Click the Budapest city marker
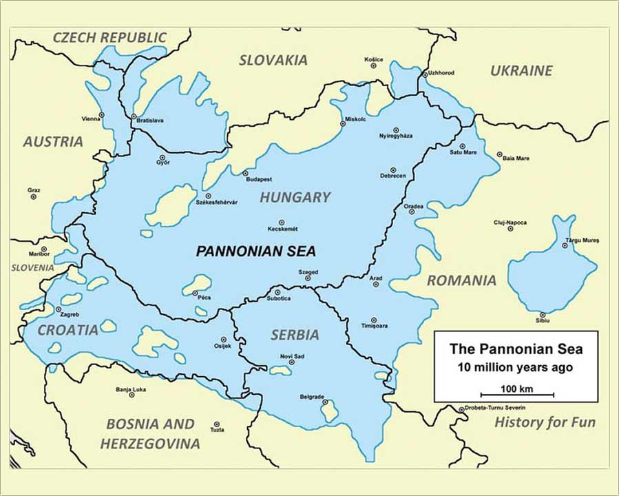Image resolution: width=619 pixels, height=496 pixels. [245, 173]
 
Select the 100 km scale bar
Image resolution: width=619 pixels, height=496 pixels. [517, 395]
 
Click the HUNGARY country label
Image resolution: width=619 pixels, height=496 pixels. [295, 198]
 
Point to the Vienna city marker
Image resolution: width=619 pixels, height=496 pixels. [101, 115]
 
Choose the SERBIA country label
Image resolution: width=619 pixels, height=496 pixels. [295, 335]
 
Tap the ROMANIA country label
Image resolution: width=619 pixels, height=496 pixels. [461, 280]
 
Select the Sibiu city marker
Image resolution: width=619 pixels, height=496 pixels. [543, 314]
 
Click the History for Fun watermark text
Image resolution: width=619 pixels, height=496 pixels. [545, 422]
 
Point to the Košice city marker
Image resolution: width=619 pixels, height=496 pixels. [373, 66]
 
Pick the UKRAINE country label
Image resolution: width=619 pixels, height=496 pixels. [521, 70]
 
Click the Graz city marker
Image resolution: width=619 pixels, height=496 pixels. [33, 197]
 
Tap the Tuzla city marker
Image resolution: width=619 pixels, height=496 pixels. [216, 424]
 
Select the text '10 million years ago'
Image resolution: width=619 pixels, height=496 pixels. [516, 367]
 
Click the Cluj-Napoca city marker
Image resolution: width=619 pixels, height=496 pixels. [510, 229]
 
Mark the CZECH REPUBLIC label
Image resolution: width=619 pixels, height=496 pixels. [109, 37]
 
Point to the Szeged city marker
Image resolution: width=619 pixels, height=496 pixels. [308, 278]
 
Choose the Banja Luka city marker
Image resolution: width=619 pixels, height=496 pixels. [132, 395]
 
